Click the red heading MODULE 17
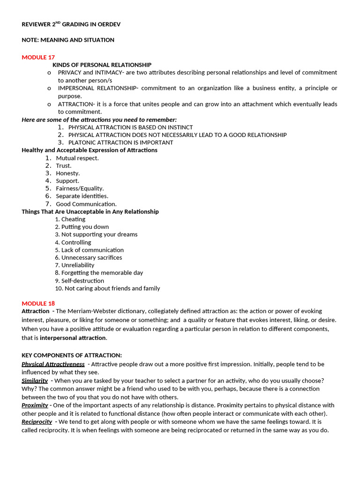[x=38, y=57]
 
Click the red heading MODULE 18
[x=38, y=303]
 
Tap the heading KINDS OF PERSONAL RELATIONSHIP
[x=102, y=65]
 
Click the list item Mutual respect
[x=77, y=158]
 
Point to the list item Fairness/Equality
[x=80, y=188]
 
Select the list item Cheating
[x=73, y=219]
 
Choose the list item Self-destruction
[x=82, y=281]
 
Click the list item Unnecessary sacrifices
[x=91, y=257]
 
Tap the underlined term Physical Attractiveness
[x=53, y=364]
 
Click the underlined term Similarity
[x=35, y=380]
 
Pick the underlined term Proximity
[x=35, y=405]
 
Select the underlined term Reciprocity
[x=37, y=421]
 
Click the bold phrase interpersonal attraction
[x=73, y=337]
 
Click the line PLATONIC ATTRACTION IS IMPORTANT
[x=120, y=142]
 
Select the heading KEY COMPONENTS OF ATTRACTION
[x=72, y=355]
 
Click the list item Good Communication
[x=86, y=204]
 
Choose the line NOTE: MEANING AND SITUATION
[x=68, y=40]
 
